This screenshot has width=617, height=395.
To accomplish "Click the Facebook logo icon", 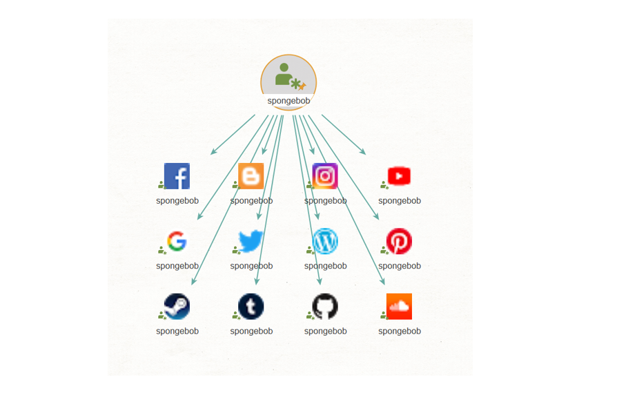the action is (177, 176).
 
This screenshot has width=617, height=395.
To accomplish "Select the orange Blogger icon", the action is (251, 176).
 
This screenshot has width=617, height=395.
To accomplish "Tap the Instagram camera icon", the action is (325, 176).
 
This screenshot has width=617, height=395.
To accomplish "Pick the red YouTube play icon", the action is (399, 176).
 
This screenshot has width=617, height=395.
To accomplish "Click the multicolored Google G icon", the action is (177, 241).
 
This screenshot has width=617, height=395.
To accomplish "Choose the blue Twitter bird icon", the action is (251, 241).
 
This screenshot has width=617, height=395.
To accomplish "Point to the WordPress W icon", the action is (325, 241).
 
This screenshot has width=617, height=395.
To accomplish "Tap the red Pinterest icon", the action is (399, 241).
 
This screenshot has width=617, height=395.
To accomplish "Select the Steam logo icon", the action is (177, 307).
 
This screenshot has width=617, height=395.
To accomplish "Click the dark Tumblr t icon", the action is (251, 307).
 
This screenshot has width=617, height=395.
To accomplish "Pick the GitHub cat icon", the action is (325, 307).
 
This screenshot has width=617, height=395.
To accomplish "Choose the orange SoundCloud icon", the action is (399, 307).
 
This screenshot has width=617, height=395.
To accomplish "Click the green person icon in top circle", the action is (284, 74).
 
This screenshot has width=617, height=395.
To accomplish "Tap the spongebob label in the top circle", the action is (288, 101).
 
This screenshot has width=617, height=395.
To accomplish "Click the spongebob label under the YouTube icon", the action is (400, 201).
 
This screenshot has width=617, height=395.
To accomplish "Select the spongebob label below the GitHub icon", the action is (326, 331).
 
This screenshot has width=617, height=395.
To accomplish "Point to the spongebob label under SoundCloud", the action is (400, 331).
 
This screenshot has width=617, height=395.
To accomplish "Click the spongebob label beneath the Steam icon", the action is (177, 331).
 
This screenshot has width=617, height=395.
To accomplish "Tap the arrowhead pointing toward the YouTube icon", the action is (363, 152).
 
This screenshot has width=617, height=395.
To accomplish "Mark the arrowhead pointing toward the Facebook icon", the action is (214, 152).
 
